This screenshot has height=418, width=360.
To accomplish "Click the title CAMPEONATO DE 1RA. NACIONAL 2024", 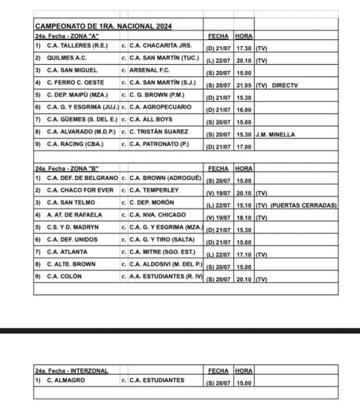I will click(103, 26).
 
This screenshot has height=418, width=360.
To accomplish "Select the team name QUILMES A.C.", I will click(67, 58).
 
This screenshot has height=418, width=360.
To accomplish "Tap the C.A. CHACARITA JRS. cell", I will click(160, 46).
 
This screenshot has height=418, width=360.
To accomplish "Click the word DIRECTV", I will click(285, 86).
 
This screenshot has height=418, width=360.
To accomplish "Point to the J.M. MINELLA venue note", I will click(275, 135).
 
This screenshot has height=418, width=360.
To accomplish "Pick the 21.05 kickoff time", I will click(244, 86).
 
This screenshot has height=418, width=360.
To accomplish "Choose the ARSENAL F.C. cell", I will click(149, 70).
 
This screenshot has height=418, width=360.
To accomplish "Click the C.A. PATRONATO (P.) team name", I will click(159, 144).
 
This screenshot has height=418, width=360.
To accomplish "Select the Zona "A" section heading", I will click(67, 36).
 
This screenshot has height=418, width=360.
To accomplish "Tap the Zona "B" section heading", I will click(67, 168).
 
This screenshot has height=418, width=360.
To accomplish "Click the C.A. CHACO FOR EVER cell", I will click(80, 190).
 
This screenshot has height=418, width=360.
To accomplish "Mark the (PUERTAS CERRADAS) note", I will click(304, 206).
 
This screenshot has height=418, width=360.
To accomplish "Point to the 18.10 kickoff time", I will click(244, 218).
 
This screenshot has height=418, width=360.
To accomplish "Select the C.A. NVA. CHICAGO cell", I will click(157, 215).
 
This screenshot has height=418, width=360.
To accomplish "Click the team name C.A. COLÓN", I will click(64, 276).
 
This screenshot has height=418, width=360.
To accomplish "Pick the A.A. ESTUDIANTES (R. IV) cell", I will click(166, 276).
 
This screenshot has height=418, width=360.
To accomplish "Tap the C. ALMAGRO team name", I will click(66, 380).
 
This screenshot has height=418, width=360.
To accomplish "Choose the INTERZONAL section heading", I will click(71, 371).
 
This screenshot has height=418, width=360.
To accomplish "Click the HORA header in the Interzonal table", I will click(244, 371).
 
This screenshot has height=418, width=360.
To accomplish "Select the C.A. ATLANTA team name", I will click(67, 252).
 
